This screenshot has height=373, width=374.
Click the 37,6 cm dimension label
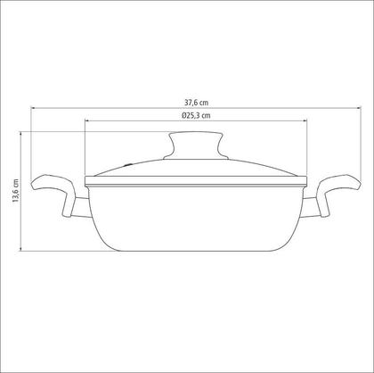pos(196,103)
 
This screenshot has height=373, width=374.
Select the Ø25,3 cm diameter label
pos(196,115)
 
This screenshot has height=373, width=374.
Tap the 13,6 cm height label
pos(15,191)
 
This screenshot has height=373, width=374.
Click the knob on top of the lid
pos(196,145)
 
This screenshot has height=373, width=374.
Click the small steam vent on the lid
pos(128,164)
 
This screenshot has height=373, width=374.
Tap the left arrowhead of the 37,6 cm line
pos(33,108)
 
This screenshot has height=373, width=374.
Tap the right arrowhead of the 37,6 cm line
pos(359,108)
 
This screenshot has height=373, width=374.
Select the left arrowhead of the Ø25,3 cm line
pos(87,120)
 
